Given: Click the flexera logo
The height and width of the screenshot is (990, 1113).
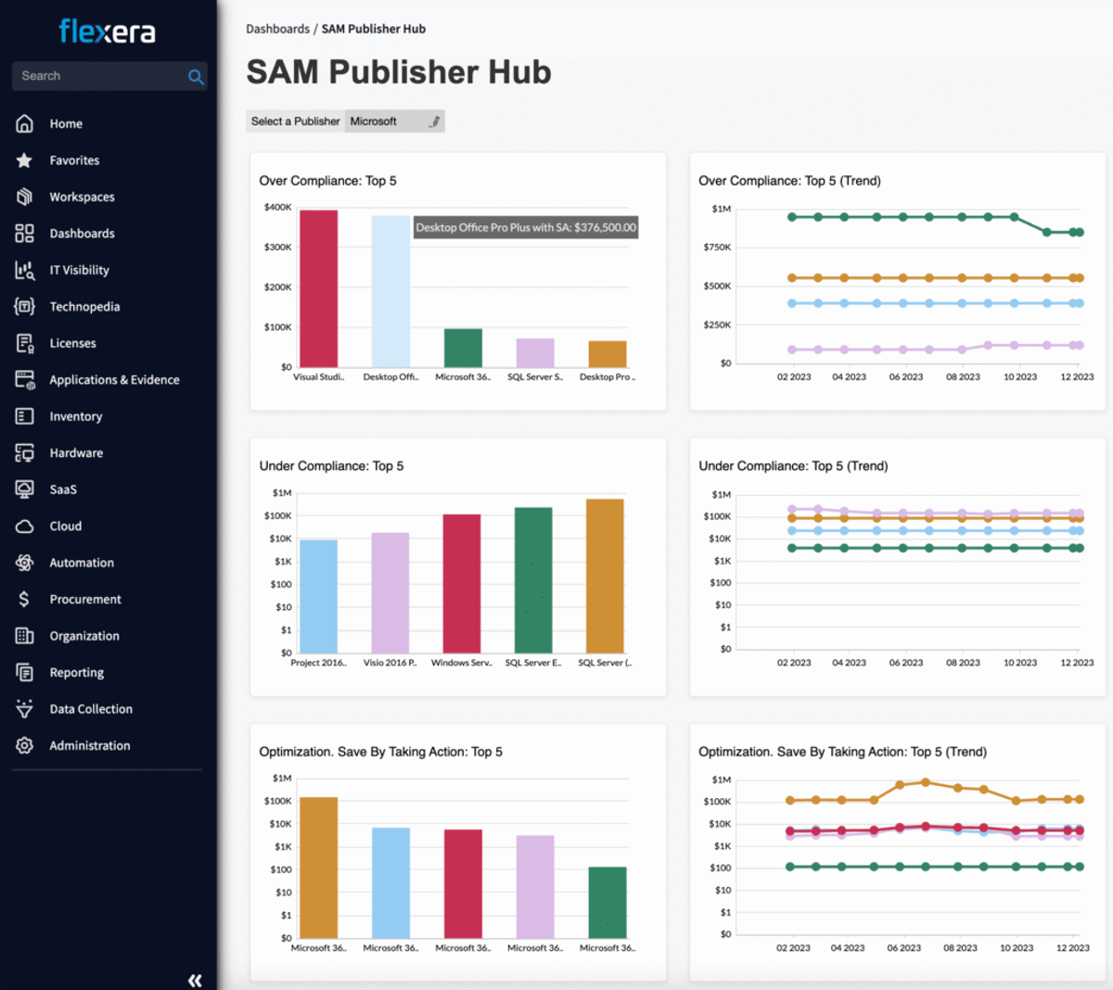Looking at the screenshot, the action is pos(107,32).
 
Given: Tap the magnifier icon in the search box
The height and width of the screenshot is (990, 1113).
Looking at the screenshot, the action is pos(196,77).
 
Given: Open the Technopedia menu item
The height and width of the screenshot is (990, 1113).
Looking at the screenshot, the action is pos(84,307).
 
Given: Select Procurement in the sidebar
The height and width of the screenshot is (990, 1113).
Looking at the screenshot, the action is pos(85,599).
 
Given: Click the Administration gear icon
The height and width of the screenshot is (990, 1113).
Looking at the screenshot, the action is pos(24,745).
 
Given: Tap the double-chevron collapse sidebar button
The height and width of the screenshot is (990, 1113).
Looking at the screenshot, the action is pos(195,980).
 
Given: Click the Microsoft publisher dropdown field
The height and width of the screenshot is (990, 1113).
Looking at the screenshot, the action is pos(394,121).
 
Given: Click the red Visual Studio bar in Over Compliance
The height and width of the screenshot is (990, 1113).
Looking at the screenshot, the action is pos(319,289).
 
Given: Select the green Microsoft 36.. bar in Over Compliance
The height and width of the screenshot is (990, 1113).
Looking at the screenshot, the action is pos(463,349).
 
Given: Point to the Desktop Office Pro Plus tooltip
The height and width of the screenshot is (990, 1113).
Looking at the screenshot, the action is pos(526,227).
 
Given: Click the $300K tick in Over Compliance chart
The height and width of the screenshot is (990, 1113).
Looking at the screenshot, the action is pos(278,247).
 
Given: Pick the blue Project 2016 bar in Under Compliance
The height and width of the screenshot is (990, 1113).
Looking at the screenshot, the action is pos(319,596).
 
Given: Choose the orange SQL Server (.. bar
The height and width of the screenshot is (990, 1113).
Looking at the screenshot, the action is pos(605,576).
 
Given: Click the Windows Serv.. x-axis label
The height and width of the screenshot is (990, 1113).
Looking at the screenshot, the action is pos(462,663).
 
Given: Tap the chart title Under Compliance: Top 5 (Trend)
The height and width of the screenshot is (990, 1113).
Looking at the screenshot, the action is pos(793,466).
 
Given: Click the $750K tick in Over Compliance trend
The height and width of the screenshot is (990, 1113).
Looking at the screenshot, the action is pos(718,247).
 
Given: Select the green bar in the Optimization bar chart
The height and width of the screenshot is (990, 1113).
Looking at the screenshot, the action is pos(608,903).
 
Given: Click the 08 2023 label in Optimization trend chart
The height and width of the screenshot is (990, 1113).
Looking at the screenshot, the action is pos(960,947).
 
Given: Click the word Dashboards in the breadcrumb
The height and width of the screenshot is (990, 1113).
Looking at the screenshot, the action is pos(278,29).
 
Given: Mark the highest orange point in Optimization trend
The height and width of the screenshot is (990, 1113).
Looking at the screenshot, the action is pos(926,782).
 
